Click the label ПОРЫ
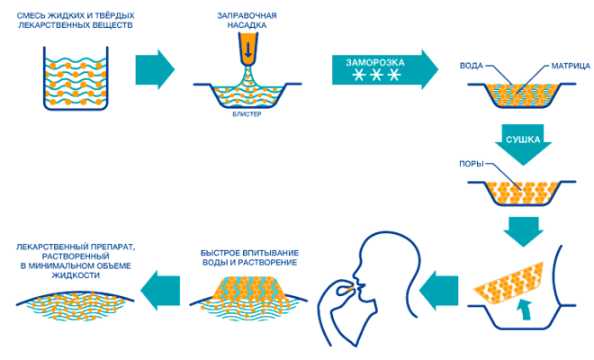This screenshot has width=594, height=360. [472, 165]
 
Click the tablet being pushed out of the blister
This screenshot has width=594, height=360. [509, 277]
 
